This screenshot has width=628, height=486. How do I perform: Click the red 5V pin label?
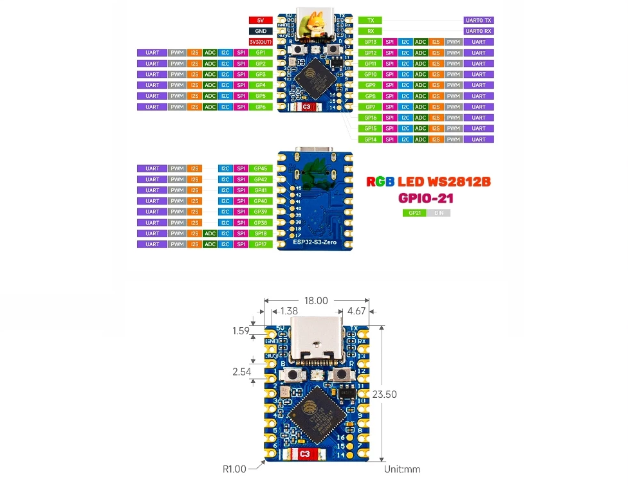click(260, 20)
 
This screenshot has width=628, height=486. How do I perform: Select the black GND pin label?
click(260, 31)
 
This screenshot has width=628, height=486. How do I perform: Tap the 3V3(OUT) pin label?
click(260, 42)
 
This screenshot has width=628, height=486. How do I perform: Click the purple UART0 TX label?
click(478, 21)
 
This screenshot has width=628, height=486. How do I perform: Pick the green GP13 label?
click(370, 42)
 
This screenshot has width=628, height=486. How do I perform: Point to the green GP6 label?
click(260, 107)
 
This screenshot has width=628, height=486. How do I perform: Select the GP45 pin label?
click(260, 168)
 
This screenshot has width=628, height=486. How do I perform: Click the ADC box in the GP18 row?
click(210, 233)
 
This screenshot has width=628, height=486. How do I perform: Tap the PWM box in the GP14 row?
click(454, 139)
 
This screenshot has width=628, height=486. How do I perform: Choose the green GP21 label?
click(414, 213)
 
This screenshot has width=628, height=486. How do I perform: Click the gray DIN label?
click(439, 213)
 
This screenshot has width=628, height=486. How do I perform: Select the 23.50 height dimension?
click(385, 394)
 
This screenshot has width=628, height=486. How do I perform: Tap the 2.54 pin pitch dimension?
click(241, 372)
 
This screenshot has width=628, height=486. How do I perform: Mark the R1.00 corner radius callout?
click(234, 469)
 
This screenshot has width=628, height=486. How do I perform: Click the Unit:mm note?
click(402, 469)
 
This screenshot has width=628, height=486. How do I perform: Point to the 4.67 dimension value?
click(356, 311)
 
